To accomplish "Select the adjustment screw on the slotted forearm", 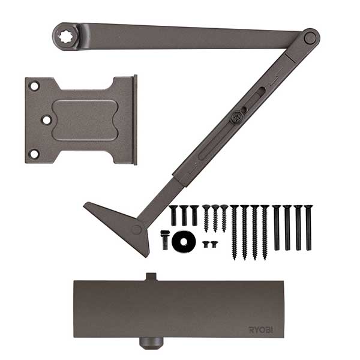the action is coord(237,118).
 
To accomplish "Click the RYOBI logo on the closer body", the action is coord(261,330).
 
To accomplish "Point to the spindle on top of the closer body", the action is coord(151,277).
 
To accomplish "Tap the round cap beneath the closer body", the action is coord(151,343).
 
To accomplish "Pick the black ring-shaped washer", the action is coord(184,241).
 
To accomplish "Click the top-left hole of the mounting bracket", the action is coord(34,86).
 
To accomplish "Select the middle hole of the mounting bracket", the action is coord(47,120).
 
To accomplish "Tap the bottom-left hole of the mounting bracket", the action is coord(34,154).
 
